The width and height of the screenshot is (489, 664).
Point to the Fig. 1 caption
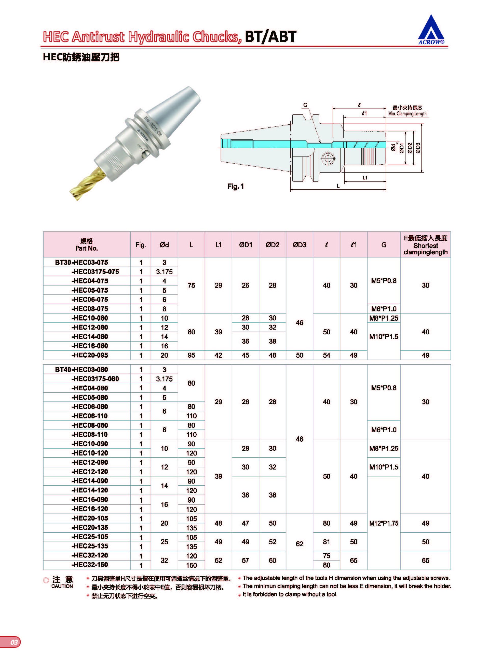(x=236, y=186)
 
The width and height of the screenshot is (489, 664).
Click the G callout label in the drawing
(x=305, y=105)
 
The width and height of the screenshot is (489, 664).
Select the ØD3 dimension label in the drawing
(x=418, y=148)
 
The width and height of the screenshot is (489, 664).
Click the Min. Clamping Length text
(x=407, y=113)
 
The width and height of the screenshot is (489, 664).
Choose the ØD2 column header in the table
(x=272, y=245)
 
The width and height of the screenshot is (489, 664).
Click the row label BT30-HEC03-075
(x=82, y=262)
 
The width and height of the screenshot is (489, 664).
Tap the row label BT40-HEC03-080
(x=82, y=369)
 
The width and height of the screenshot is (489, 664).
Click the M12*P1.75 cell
(x=384, y=523)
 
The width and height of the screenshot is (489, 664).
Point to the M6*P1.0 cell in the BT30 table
(x=384, y=309)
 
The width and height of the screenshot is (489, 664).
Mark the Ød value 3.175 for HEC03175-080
(x=164, y=379)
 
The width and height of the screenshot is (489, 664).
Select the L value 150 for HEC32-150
(x=192, y=565)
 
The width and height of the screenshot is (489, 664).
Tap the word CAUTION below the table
(x=62, y=586)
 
